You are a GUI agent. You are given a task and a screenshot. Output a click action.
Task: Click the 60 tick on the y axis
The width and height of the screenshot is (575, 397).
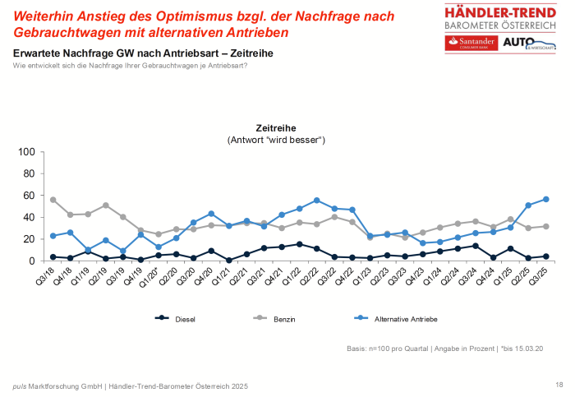28,196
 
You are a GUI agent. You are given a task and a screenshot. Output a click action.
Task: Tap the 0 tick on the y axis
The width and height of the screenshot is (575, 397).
31,261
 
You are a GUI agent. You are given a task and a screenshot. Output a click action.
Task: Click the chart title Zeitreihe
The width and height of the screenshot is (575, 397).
276,128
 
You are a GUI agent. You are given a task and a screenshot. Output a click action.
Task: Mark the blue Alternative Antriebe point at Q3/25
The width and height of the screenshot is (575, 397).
546,199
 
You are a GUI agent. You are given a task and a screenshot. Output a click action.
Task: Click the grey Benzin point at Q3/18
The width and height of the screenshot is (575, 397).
53,200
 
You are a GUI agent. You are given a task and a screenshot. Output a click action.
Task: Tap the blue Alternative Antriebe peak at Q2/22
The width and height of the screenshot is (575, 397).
317,201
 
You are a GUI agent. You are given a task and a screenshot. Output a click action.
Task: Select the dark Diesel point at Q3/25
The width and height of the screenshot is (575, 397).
546,256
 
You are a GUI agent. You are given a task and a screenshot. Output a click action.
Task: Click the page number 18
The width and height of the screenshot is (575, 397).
559,385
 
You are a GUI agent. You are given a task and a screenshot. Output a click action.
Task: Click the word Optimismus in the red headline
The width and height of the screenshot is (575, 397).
179,16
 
